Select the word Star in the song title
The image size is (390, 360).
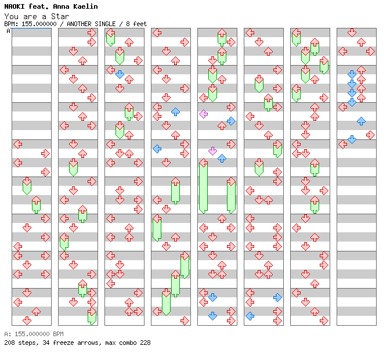(x=60, y=16)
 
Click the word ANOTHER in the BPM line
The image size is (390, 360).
(x=79, y=24)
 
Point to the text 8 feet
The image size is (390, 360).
(x=136, y=24)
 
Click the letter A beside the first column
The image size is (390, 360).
(x=9, y=31)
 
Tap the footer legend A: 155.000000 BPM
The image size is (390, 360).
(x=34, y=334)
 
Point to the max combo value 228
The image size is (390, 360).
(x=145, y=343)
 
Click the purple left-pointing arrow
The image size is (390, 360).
(x=204, y=114)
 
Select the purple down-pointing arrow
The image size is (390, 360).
(x=212, y=151)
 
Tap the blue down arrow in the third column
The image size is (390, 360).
(x=120, y=74)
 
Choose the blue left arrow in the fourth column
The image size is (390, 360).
(x=157, y=149)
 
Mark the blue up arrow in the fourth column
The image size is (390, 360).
(x=176, y=111)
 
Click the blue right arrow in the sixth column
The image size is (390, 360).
(x=277, y=297)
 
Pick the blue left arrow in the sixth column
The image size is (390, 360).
(x=250, y=316)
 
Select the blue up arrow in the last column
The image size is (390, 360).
(x=361, y=121)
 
